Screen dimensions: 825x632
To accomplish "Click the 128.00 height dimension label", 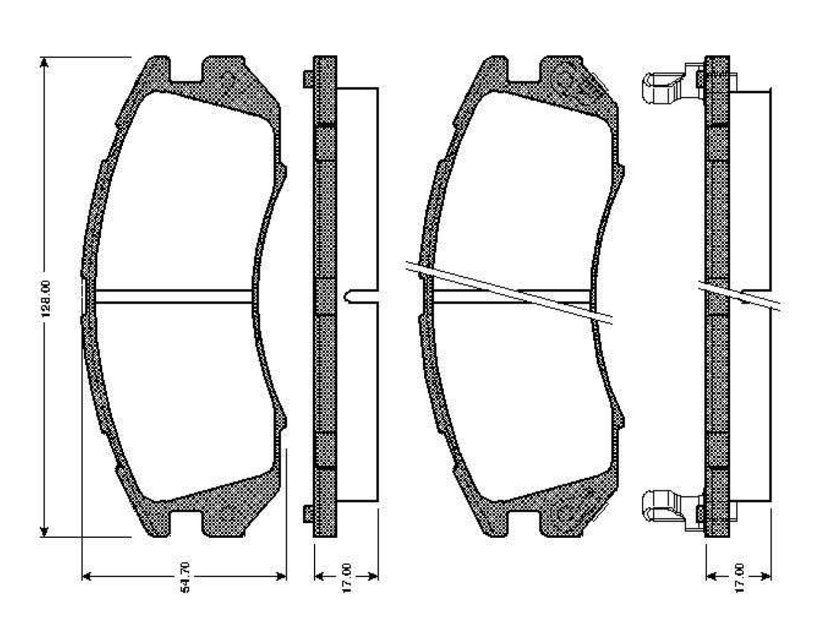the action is (x=46, y=299).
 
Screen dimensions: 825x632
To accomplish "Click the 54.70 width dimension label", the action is (x=185, y=577).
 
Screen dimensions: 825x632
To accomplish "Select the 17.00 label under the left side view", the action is (x=347, y=578).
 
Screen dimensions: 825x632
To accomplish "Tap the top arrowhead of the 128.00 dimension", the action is (x=44, y=63).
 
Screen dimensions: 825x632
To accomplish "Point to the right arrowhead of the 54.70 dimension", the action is (x=280, y=577).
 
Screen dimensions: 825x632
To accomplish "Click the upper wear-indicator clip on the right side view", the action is (x=672, y=84).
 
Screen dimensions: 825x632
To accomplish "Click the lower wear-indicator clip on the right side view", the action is (x=672, y=509).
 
